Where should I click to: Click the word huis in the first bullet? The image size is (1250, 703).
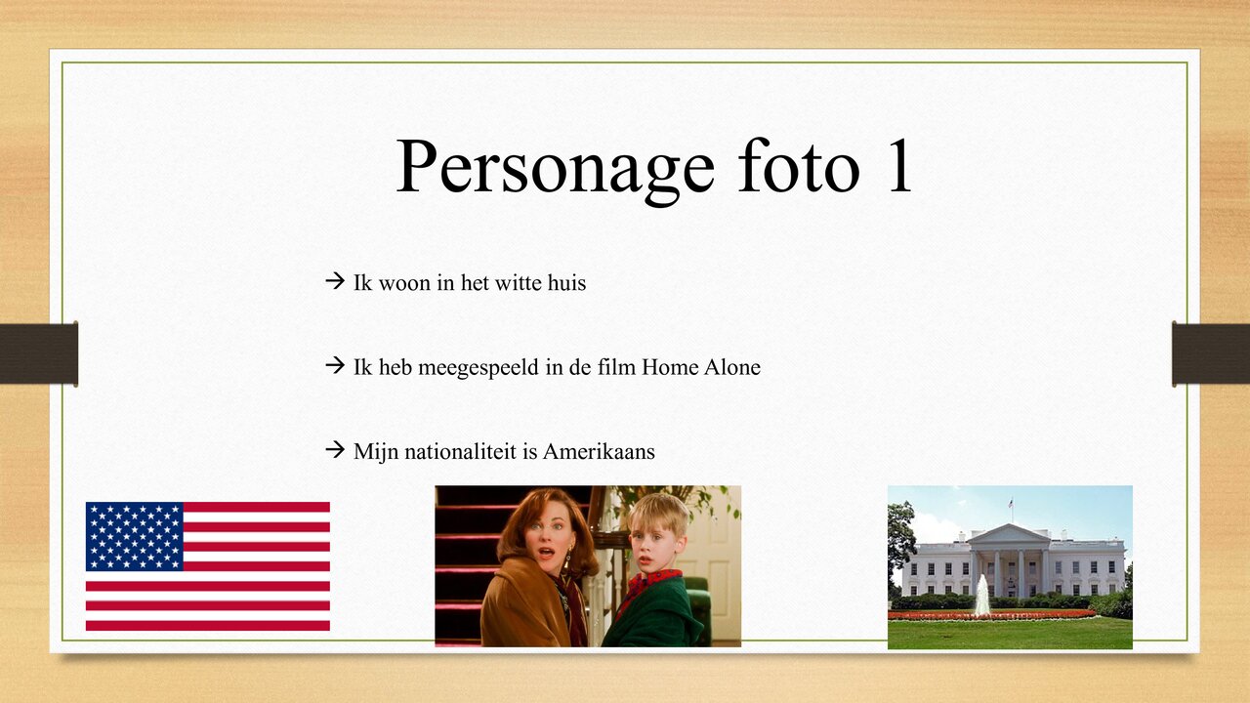[x=566, y=283]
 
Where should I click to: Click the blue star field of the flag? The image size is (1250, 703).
[x=135, y=536]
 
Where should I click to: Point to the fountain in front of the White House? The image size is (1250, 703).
[x=981, y=597]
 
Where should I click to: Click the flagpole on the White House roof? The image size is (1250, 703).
[x=1011, y=509]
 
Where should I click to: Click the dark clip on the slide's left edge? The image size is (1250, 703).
[x=39, y=353]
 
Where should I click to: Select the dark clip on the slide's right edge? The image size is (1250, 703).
[x=1211, y=353]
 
